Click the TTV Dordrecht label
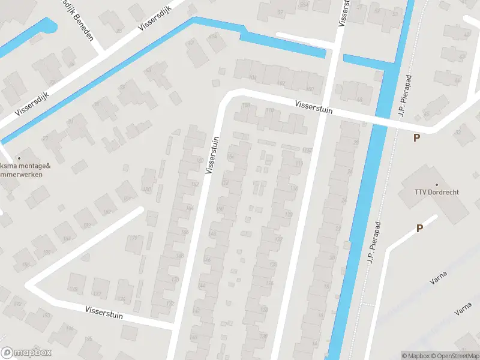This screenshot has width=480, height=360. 436,192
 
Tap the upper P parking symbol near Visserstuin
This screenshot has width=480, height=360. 416,138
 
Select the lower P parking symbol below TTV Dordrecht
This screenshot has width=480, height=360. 419,228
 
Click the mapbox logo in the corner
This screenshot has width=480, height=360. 26,353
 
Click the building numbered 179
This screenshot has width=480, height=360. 133,239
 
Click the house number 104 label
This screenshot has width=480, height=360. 252,77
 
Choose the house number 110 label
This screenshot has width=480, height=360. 269,110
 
